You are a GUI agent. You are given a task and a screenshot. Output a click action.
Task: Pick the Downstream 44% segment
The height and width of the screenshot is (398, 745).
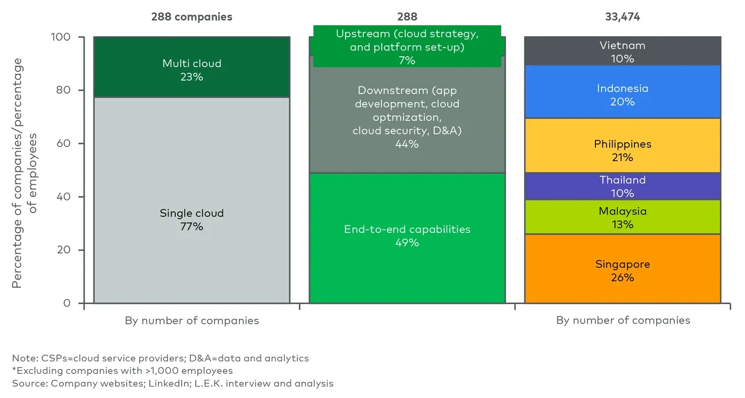pos(407,118)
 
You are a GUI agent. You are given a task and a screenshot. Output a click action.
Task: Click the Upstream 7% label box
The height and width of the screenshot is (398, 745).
pos(407,46)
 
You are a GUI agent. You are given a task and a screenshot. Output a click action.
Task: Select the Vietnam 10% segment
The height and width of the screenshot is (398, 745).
pos(622,52)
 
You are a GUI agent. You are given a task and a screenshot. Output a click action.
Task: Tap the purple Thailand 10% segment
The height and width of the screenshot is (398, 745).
pos(622,186)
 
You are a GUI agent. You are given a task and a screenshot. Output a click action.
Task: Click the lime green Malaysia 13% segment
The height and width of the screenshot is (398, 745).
pos(622,217)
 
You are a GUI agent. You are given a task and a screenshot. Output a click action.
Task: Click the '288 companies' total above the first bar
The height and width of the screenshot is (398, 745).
pos(191,17)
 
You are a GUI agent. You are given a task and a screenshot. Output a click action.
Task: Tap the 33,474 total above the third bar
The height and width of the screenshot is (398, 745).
pos(622,17)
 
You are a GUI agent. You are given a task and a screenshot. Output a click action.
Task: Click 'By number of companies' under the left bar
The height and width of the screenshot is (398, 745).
pos(191,321)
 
